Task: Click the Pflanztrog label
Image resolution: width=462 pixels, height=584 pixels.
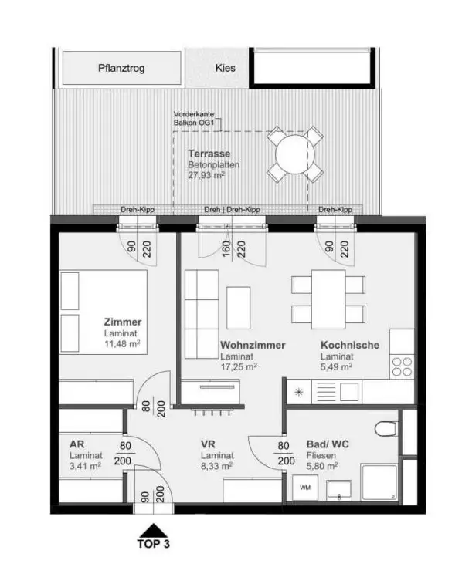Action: coord(121,68)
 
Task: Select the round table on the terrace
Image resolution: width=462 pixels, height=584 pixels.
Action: coord(294,154)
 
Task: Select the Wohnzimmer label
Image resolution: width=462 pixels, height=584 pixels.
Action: coord(253,345)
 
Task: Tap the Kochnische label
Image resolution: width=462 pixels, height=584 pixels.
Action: coord(350,345)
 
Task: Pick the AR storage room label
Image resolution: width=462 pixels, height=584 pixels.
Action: coord(76,444)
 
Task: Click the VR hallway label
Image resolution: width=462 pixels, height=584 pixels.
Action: coord(208,444)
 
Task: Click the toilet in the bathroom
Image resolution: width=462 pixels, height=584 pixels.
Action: coord(383,430)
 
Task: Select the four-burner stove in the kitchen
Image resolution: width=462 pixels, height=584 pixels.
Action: coord(402,366)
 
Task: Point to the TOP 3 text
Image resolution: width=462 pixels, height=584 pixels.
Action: coord(155,543)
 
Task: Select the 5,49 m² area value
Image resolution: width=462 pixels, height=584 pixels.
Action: coord(337,367)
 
